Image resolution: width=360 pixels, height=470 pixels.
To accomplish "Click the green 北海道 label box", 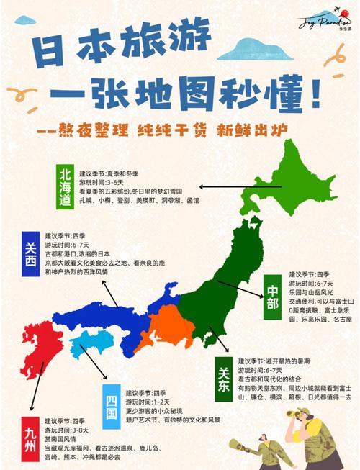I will pyautogui.click(x=66, y=186).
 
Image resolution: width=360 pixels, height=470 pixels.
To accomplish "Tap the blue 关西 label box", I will pyautogui.click(x=30, y=255).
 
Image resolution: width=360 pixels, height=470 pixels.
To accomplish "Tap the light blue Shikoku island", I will pyautogui.click(x=89, y=344).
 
